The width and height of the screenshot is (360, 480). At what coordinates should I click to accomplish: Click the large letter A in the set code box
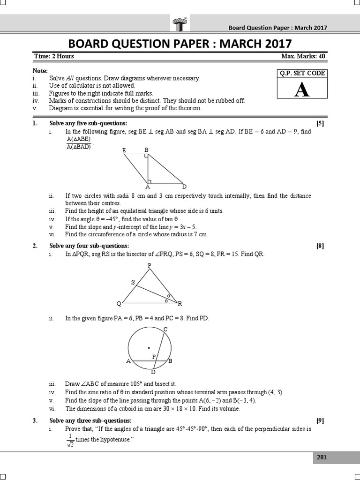point(301,90)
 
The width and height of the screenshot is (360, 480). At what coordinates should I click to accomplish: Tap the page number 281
point(322,457)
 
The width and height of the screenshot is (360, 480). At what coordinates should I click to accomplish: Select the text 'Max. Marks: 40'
point(303,56)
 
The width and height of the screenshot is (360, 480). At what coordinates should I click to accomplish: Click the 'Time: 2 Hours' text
point(54,56)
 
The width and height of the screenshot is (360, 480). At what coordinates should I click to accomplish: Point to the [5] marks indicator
point(320,123)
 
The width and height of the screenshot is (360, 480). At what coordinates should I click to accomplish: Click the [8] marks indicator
point(320,246)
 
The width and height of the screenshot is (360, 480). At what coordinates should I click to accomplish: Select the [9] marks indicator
point(320,420)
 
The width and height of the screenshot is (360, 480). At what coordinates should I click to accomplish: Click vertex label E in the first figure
point(124,150)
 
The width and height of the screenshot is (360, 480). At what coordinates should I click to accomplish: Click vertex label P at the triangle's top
point(150,266)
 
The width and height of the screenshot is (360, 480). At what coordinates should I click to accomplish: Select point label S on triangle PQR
point(133,283)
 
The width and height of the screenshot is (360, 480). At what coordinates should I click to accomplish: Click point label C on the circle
point(165,330)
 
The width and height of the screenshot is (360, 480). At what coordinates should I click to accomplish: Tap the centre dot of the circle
point(149,347)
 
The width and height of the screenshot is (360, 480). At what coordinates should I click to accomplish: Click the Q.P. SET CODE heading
point(301,73)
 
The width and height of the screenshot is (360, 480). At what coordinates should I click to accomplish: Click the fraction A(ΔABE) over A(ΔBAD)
point(78,143)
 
